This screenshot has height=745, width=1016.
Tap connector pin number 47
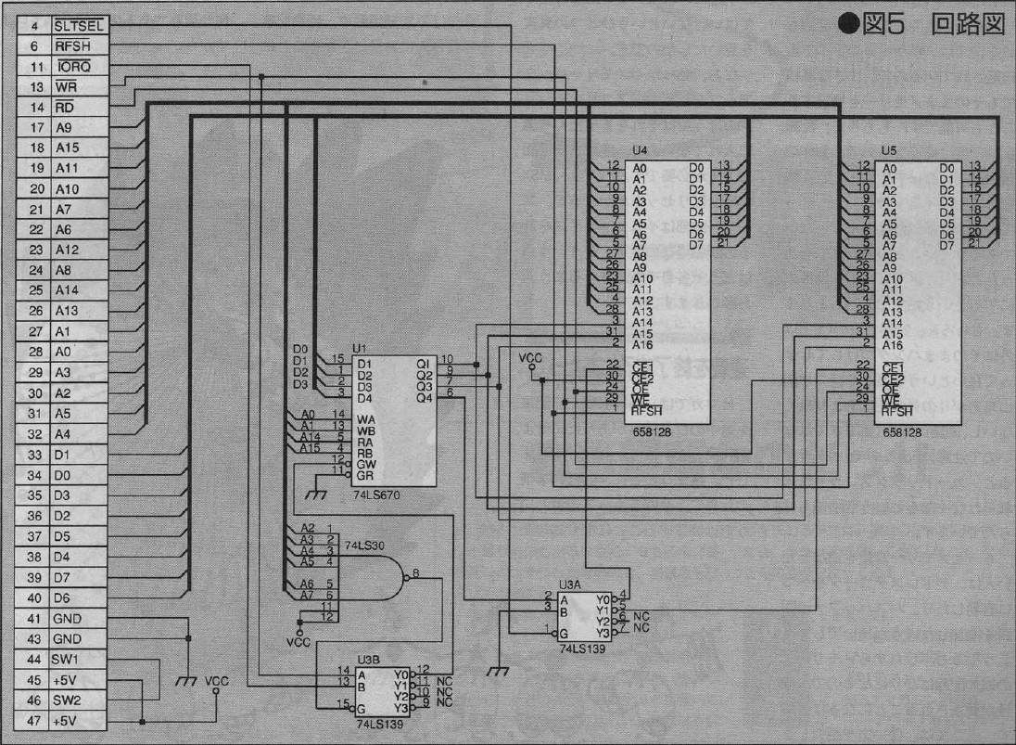point(34,721)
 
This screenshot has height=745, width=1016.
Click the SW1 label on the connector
point(67,660)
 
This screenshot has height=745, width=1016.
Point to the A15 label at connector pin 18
point(67,148)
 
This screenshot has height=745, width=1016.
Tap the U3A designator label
point(570,585)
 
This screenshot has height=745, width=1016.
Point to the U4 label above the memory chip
point(640,150)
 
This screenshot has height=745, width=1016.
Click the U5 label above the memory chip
point(889,150)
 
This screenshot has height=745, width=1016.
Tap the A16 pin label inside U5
point(893,345)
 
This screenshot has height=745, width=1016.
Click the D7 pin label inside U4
point(695,245)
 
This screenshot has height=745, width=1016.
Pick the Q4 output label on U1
point(425,398)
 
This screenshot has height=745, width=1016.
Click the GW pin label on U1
point(364,463)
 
